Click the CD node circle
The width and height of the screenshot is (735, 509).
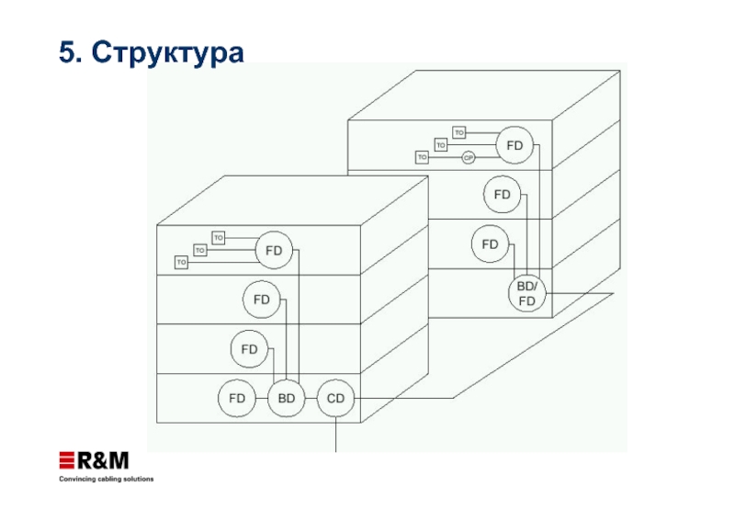(x=335, y=399)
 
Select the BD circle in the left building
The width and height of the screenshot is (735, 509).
(x=287, y=399)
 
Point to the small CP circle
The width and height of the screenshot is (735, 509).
(x=468, y=158)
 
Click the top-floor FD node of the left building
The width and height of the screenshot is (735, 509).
(x=274, y=250)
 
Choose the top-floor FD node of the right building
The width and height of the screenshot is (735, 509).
(x=514, y=145)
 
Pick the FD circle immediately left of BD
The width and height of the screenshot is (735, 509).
(x=237, y=399)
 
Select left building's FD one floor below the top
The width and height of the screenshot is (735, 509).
(x=262, y=300)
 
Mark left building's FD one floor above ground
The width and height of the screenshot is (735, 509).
(x=250, y=349)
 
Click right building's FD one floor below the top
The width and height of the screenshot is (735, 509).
(x=502, y=195)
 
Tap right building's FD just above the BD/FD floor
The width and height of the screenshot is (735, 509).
(x=490, y=244)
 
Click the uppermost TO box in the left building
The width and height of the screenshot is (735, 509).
(x=219, y=238)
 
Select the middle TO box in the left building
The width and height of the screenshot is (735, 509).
(x=199, y=250)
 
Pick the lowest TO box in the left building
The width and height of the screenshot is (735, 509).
(x=181, y=263)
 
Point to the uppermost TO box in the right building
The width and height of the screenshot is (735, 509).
(x=459, y=133)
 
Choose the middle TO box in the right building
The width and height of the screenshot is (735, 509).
(x=441, y=145)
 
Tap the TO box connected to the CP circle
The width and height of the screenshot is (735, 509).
(x=423, y=158)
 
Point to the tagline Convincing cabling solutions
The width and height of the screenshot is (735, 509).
(x=107, y=480)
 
